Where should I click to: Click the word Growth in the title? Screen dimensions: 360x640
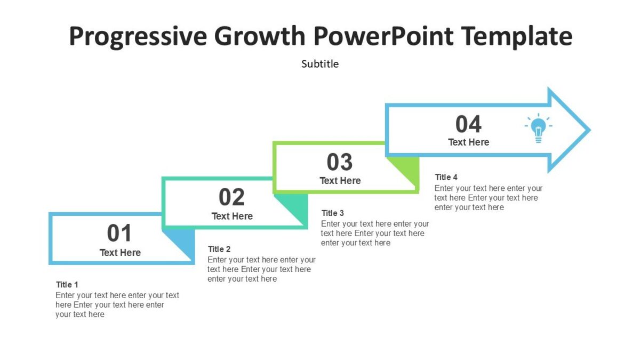(260, 37)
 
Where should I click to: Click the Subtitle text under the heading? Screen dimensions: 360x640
(320, 64)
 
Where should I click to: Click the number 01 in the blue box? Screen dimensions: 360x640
(120, 234)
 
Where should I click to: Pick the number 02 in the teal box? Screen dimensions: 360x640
(232, 197)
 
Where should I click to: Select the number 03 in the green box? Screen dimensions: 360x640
(340, 162)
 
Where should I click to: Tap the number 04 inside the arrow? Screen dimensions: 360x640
(468, 124)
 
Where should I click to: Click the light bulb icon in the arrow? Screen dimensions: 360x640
(538, 130)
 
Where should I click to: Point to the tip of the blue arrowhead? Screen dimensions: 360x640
(588, 130)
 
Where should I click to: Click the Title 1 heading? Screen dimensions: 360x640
(67, 284)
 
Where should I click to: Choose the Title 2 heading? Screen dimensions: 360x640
(219, 249)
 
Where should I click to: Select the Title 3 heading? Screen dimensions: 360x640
(333, 213)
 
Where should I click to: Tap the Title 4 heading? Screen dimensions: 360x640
(446, 177)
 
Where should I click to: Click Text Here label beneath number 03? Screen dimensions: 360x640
(340, 181)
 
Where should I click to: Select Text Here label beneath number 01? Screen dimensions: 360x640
(120, 252)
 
